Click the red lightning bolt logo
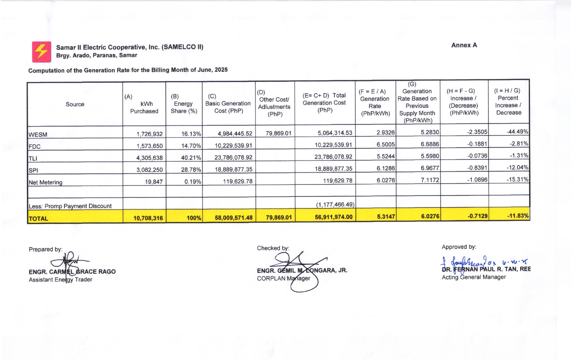[42, 52]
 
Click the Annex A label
[464, 45]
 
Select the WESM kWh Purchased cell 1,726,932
[149, 134]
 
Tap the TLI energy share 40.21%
[191, 158]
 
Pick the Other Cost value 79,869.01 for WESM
[278, 133]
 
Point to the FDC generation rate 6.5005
[386, 145]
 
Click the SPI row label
[33, 170]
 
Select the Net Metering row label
[46, 182]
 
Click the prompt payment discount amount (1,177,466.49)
[335, 205]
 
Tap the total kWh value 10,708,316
[148, 218]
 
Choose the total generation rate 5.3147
[386, 217]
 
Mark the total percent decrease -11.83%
[518, 216]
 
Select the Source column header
[75, 104]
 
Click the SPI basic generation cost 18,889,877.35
[233, 169]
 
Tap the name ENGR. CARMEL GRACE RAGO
[72, 272]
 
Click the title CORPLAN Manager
[283, 279]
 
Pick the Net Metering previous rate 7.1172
[430, 180]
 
